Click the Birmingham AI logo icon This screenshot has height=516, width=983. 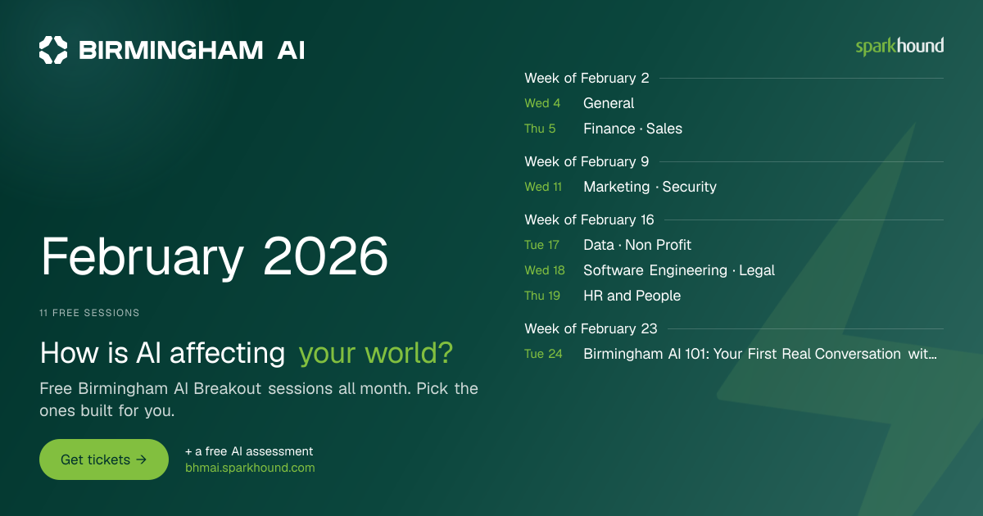53,50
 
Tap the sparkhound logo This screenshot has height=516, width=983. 899,47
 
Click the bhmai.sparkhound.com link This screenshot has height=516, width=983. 250,468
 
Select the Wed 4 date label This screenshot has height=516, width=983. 542,103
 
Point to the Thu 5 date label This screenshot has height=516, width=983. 540,129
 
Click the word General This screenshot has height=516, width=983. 609,103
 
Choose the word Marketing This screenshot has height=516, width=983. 617,187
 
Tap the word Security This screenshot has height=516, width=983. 690,187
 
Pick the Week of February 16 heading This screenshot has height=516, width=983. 589,220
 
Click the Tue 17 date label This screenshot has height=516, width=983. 542,245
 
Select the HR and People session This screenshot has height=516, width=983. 632,296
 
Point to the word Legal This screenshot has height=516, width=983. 757,270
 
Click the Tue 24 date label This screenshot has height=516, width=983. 543,354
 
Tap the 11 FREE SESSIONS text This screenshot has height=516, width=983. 89,313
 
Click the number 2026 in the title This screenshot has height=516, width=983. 325,256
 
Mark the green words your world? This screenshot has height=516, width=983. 376,353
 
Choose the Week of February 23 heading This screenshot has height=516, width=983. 591,328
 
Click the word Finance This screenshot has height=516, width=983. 609,129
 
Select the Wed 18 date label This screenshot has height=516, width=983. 545,270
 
